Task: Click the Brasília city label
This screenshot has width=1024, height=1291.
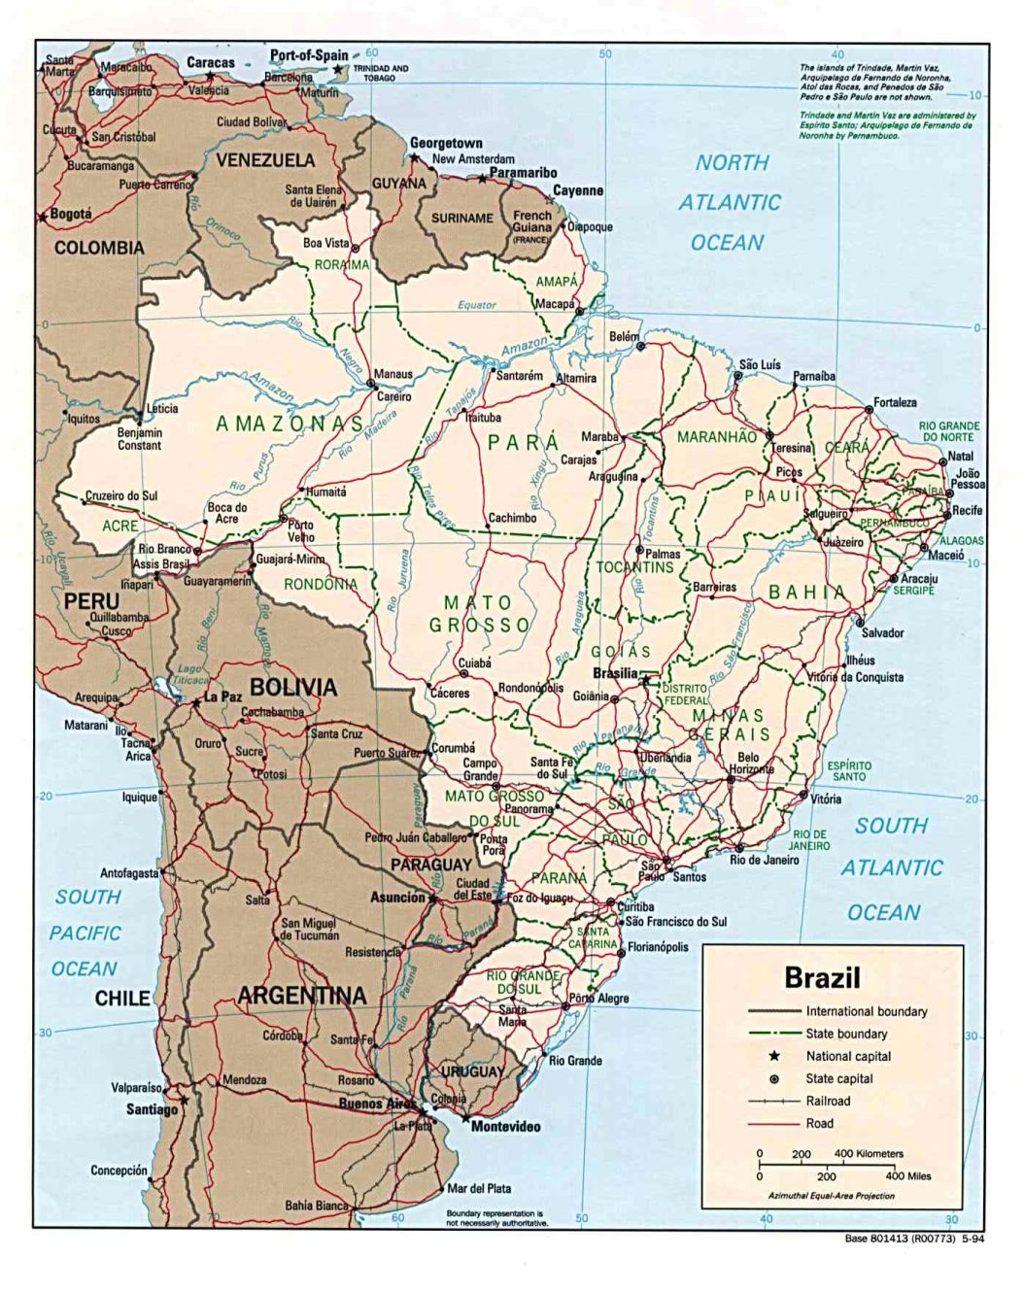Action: [x=615, y=673]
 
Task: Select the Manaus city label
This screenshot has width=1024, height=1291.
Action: [x=393, y=374]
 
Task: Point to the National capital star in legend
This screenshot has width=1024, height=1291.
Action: [x=774, y=1056]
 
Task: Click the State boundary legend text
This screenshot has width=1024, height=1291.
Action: [x=846, y=1034]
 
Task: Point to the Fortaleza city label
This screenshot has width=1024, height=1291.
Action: [x=895, y=402]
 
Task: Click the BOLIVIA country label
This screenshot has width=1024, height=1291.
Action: [x=293, y=687]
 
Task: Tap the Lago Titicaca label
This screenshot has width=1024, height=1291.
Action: [x=188, y=675]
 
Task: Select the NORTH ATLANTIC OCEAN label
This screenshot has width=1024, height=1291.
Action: [x=730, y=202]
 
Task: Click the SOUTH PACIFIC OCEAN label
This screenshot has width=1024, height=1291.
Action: [x=85, y=933]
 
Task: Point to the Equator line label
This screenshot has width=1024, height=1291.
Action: [x=477, y=305]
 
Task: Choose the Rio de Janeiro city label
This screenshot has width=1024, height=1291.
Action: [x=765, y=860]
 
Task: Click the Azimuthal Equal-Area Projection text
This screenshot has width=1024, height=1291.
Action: [x=831, y=1195]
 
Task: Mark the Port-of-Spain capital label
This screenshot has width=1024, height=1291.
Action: [x=308, y=55]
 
